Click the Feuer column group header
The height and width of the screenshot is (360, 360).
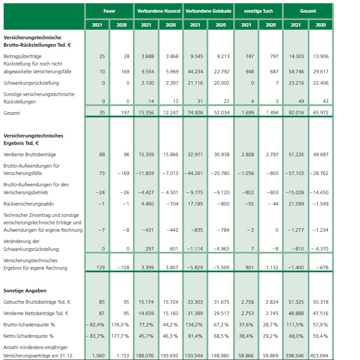tap(109, 11)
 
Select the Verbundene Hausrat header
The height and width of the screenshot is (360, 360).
tap(159, 11)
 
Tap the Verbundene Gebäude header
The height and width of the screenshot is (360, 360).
tap(208, 11)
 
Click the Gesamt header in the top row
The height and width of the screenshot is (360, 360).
tap(308, 11)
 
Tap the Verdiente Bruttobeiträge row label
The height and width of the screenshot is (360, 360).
tap(30, 154)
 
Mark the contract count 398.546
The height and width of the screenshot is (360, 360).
tap(295, 356)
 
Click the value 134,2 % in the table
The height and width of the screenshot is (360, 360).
tap(196, 325)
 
